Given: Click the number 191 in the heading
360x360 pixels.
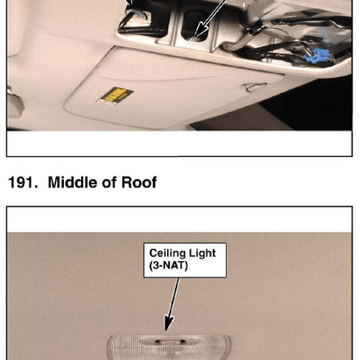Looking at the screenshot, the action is pos(23,182).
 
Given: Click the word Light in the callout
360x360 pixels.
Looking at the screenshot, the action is pos(202,254).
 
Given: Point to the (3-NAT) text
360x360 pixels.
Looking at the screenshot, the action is pos(169,265).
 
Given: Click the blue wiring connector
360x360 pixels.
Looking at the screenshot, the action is pos(317,56).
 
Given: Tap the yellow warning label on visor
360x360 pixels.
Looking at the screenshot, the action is pos(115,96).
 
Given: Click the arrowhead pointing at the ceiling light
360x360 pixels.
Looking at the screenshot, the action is pos(169,322).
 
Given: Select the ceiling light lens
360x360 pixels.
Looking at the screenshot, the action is pos(169,348).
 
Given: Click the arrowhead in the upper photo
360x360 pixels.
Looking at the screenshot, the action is pos(201,29).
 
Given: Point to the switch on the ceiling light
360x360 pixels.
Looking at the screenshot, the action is pos(169,341).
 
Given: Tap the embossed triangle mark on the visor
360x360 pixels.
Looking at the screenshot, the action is pos(254,88).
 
